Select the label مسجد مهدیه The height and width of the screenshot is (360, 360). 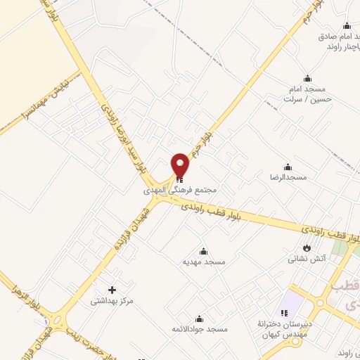[204, 262]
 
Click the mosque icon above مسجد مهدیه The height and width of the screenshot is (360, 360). [204, 251]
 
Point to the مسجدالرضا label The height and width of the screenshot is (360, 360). [288, 177]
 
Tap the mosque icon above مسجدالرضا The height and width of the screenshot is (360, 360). [288, 167]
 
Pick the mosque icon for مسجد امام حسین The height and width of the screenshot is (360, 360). [307, 78]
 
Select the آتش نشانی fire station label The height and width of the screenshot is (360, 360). [307, 258]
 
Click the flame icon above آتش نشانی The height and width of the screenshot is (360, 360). [307, 247]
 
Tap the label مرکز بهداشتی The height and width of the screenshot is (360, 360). [112, 301]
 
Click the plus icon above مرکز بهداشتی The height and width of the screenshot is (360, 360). [112, 290]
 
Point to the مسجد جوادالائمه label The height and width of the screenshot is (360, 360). [200, 329]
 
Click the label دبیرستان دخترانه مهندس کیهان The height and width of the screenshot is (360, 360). [283, 329]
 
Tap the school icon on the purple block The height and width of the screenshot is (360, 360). [285, 312]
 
